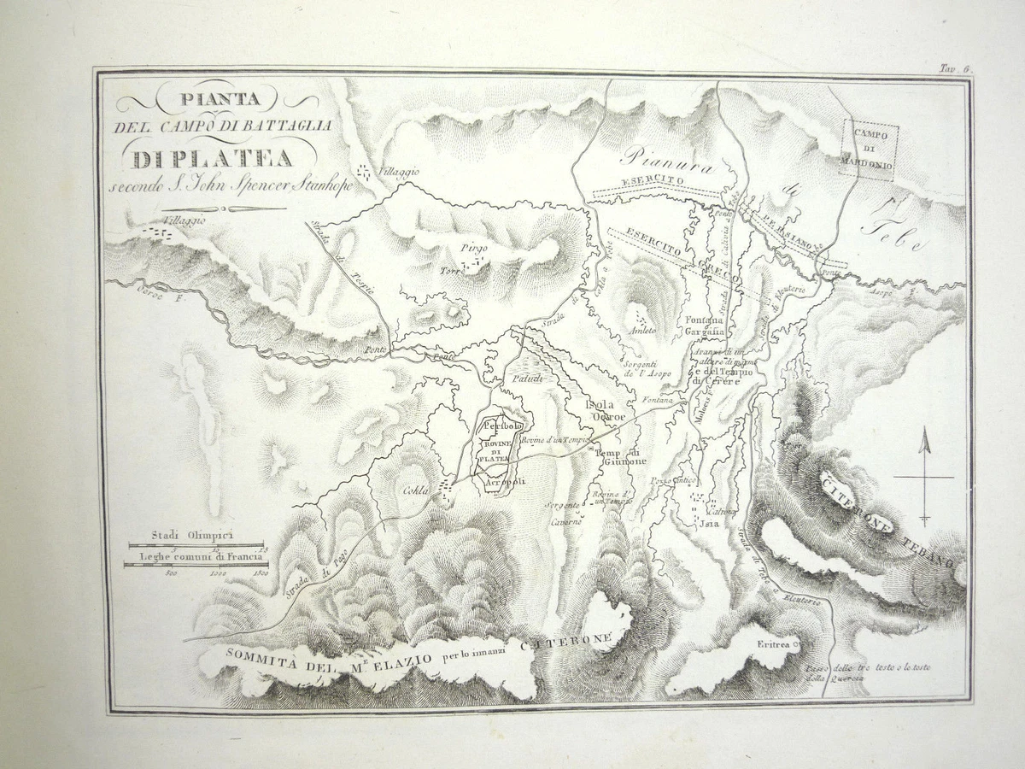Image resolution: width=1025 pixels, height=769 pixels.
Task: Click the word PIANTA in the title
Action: point(216,98)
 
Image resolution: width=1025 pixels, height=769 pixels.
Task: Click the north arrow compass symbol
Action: point(924,476)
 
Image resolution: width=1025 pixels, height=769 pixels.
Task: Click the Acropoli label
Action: point(504,482)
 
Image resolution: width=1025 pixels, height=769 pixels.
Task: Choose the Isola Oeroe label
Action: point(606,411)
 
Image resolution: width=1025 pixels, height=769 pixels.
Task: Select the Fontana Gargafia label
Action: point(705,326)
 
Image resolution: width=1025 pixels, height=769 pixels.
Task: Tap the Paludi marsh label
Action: point(528,378)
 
